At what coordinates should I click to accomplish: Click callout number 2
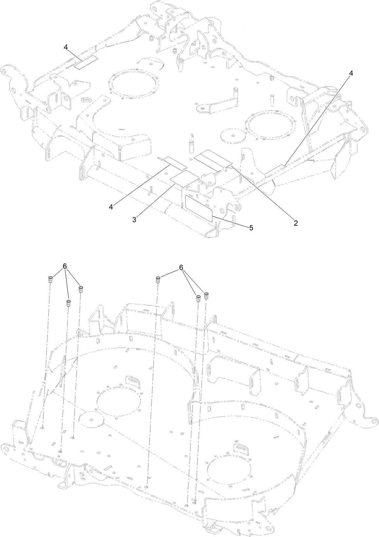pos(296,223)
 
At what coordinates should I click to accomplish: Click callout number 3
pos(134,219)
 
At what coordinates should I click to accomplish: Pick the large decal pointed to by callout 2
pos(213,158)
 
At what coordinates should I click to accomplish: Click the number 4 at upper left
pos(66,47)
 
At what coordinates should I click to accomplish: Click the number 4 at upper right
pos(351,74)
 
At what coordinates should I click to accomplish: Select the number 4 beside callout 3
pos(111,207)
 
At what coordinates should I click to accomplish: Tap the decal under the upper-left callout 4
pos(86,62)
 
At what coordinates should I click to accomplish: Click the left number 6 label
pos(65,267)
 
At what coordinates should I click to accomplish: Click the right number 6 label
pos(181,268)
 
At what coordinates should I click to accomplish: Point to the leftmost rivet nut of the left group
pos(50,279)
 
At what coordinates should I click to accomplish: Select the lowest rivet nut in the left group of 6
pos(68,303)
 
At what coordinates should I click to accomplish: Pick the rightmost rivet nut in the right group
pos(207,295)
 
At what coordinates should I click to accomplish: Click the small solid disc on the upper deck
pos(233,135)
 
